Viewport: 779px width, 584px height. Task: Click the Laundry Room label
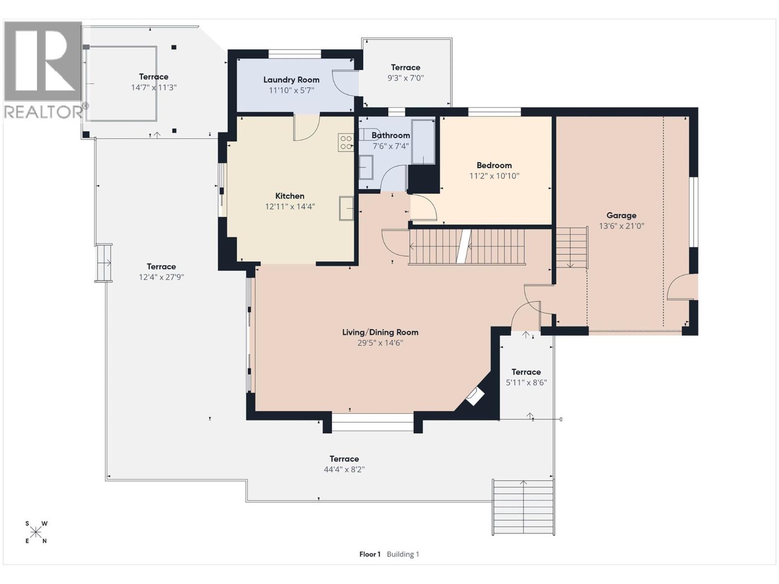[291, 80]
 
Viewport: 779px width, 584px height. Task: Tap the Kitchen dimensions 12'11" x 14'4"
[290, 206]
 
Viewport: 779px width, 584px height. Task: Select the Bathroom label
[391, 135]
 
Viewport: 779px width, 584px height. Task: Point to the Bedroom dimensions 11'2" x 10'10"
[494, 176]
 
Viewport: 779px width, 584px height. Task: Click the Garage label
[621, 215]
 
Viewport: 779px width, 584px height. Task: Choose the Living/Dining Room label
[380, 332]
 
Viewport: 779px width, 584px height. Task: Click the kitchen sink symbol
[346, 208]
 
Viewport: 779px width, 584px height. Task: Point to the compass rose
[36, 532]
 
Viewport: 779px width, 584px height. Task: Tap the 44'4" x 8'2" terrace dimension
[344, 470]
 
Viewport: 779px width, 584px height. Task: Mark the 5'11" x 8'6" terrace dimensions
[526, 383]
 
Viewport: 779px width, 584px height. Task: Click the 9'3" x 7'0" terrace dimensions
[406, 78]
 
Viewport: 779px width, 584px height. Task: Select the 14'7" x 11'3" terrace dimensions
[154, 87]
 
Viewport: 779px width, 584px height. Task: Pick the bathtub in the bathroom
[423, 142]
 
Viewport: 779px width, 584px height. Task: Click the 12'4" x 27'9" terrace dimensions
[162, 277]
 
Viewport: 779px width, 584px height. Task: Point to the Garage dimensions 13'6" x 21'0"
[621, 226]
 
